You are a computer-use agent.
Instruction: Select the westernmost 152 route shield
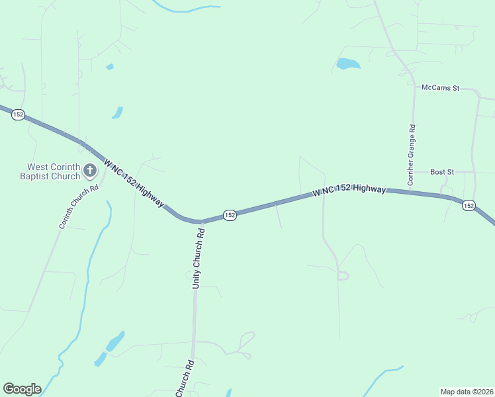[x=18, y=114]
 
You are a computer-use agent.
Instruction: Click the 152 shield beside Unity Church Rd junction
[x=230, y=216]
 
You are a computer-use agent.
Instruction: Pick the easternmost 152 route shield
[x=469, y=206]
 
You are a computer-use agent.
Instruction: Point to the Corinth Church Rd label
[x=79, y=206]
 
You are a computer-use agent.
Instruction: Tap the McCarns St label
[x=440, y=87]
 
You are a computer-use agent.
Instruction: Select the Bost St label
[x=441, y=172]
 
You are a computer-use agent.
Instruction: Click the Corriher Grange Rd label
[x=411, y=155]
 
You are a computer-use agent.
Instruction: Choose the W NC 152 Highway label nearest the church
[x=134, y=183]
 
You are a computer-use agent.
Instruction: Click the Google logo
[x=22, y=389]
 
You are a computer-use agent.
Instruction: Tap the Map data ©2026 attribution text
[x=467, y=392]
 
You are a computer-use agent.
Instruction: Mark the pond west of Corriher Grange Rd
[x=347, y=64]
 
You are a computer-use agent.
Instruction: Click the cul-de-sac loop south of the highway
[x=343, y=276]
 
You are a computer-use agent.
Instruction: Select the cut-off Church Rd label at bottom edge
[x=185, y=379]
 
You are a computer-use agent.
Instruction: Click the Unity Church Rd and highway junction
[x=197, y=222]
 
